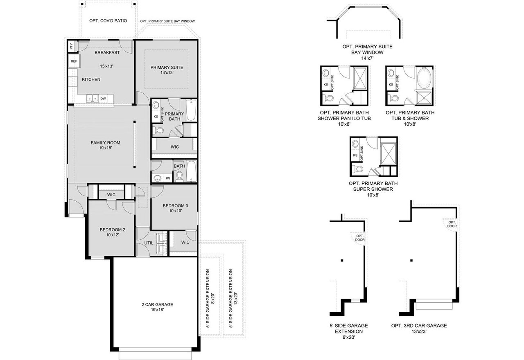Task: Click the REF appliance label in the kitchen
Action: click(74, 61)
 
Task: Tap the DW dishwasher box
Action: click(103, 98)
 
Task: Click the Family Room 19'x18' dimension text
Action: click(105, 148)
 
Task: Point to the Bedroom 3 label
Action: click(175, 206)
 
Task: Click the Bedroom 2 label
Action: click(112, 229)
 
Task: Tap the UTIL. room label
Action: click(149, 243)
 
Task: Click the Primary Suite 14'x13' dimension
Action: click(167, 72)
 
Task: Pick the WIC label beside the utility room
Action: click(185, 242)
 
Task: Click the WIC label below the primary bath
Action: click(175, 146)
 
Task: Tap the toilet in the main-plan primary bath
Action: click(159, 130)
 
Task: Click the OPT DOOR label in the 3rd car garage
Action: click(452, 224)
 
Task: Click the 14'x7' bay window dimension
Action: click(367, 59)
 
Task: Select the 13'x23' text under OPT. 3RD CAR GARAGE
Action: click(419, 332)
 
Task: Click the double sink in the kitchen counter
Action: click(92, 98)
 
